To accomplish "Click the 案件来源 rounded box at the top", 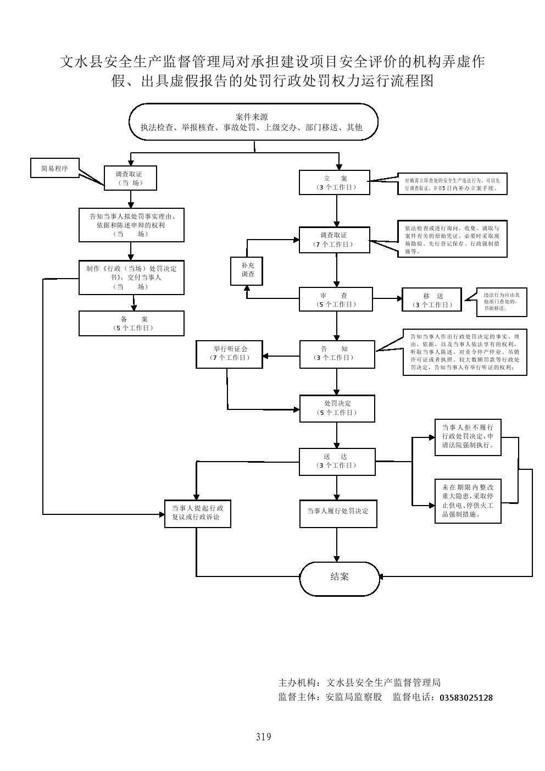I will [253, 122].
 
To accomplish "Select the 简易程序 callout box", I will [55, 168].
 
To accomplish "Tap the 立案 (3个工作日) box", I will [334, 182].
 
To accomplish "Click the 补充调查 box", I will [247, 270].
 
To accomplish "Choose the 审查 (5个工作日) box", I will [336, 299].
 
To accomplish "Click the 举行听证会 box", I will [230, 354].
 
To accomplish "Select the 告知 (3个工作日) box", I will [337, 354].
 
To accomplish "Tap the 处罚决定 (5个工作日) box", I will [337, 408].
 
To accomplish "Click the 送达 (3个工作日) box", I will [337, 461].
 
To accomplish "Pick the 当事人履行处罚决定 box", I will [337, 511].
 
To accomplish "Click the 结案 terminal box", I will [340, 577].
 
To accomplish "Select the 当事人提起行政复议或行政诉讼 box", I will [197, 513].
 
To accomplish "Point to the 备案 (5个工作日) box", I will [131, 323].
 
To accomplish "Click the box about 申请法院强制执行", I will [468, 437].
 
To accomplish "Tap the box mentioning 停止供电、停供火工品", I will [468, 501].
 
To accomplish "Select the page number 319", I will [263, 737].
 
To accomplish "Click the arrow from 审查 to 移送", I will [387, 299].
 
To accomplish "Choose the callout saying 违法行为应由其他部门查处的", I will [497, 302].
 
